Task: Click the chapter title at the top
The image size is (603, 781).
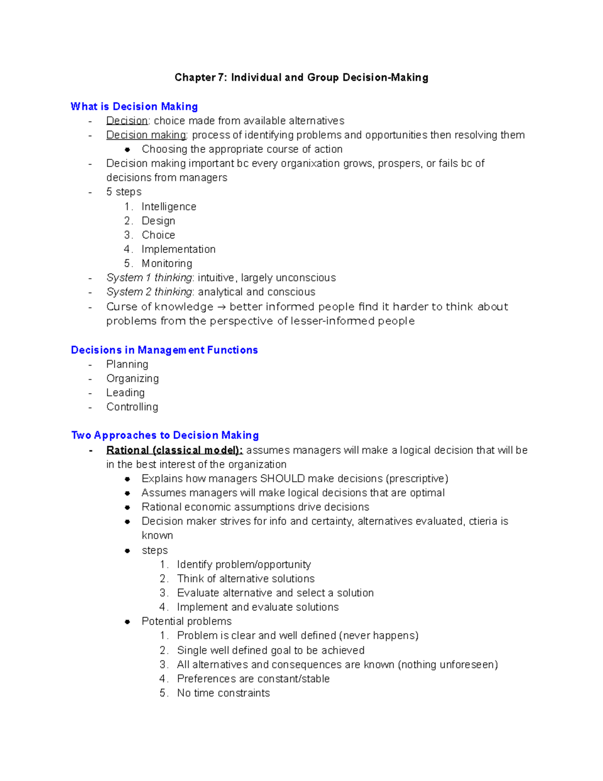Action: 301,77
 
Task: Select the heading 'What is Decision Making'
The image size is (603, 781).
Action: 134,107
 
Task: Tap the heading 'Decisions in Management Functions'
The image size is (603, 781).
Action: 164,350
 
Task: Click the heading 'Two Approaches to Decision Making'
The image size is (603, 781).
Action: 165,435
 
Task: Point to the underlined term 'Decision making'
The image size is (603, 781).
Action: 146,135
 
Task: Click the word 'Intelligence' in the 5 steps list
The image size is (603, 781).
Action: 169,207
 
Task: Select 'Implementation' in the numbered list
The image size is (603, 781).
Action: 178,249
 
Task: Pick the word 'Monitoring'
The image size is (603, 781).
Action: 167,264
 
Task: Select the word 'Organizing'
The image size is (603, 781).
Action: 133,378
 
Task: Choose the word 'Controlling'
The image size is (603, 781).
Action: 132,407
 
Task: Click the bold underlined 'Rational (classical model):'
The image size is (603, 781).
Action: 174,450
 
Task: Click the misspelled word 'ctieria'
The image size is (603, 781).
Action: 482,521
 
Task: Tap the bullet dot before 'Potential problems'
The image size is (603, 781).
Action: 128,622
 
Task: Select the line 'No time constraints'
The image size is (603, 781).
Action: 223,693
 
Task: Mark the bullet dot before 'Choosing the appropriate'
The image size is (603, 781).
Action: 128,149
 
